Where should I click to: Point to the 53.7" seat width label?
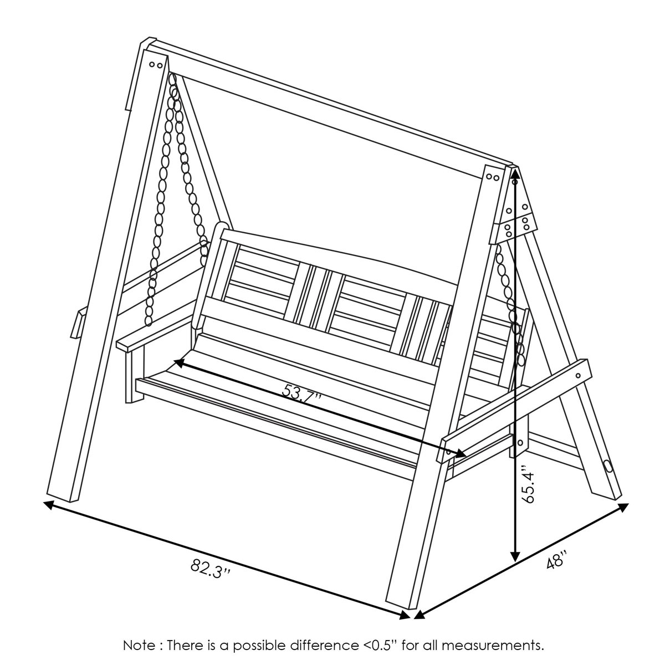pos(301,394)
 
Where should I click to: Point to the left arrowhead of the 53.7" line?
pos(179,362)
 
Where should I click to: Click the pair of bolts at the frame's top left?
pos(155,64)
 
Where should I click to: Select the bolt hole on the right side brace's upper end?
pos(579,376)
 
